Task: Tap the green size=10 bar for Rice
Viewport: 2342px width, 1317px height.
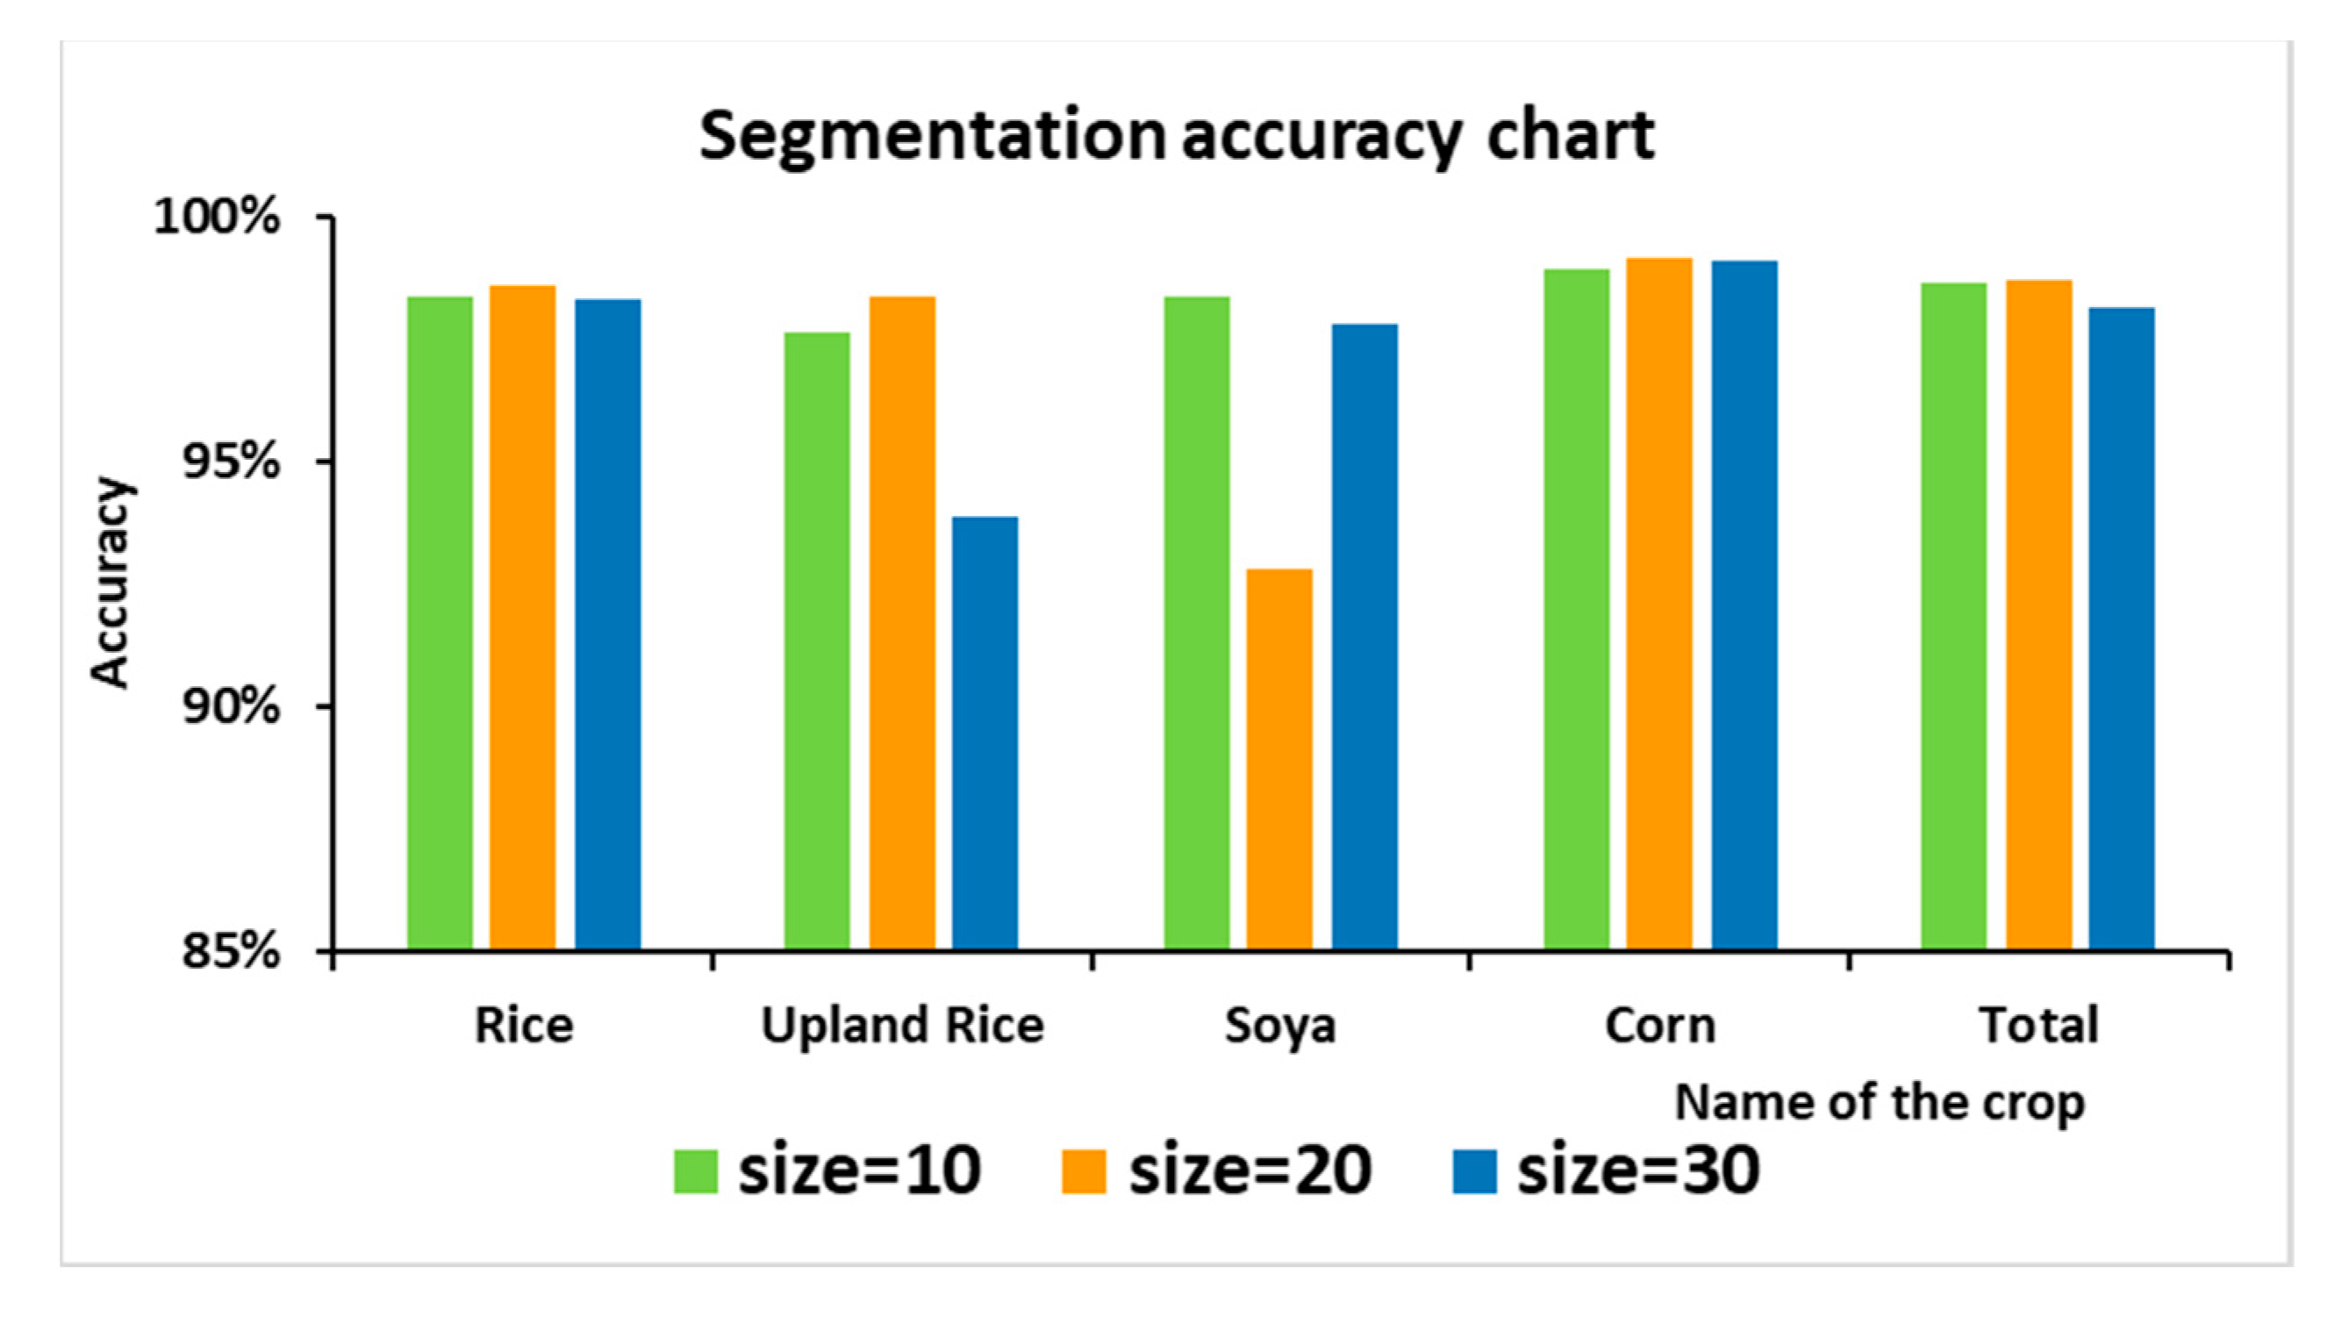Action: (x=440, y=623)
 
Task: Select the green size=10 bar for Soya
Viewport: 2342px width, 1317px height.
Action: (x=1197, y=623)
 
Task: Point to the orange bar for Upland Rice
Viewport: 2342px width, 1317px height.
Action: (x=902, y=623)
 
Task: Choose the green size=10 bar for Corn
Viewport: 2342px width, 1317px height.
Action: (x=1577, y=609)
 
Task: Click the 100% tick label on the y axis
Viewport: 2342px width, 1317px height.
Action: (x=217, y=218)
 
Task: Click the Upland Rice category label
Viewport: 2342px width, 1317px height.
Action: (x=902, y=1025)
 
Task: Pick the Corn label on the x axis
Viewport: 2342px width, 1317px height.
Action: (x=1659, y=1025)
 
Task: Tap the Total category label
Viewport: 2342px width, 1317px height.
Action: (x=2038, y=1025)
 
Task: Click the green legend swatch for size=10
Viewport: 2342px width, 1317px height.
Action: (x=696, y=1170)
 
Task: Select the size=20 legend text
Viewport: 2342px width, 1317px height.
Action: (x=1250, y=1170)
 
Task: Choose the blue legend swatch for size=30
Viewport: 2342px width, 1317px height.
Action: (x=1474, y=1170)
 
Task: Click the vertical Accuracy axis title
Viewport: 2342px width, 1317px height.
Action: (x=111, y=582)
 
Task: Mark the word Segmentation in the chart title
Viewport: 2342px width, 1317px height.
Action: (x=932, y=136)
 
